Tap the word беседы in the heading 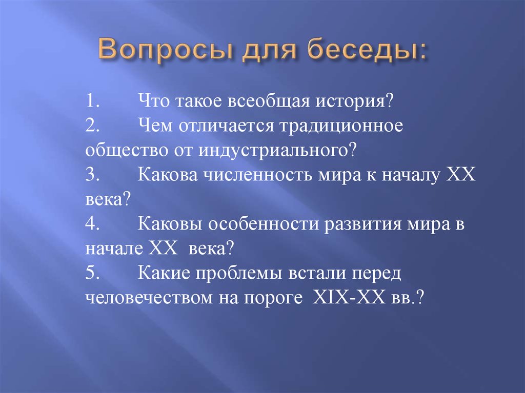coord(367,50)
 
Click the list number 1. coord(92,101)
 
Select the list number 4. coord(92,224)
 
